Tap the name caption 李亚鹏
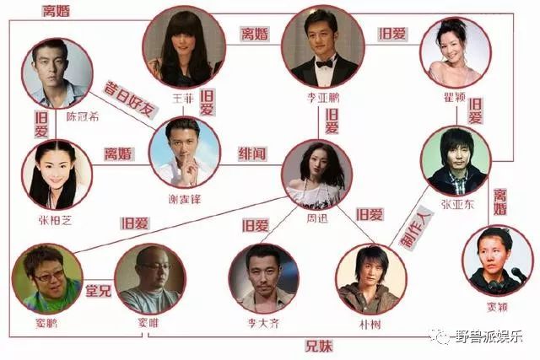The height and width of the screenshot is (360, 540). click(321, 97)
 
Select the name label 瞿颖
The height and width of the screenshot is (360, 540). click(454, 95)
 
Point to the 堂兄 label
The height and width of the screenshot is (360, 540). click(97, 290)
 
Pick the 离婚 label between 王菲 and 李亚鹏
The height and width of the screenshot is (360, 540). click(253, 35)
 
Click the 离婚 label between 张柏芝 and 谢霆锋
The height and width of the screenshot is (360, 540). click(119, 155)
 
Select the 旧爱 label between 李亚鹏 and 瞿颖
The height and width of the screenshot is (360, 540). click(391, 34)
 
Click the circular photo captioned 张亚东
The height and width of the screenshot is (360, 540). click(456, 161)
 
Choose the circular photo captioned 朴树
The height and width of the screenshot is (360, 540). click(369, 278)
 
